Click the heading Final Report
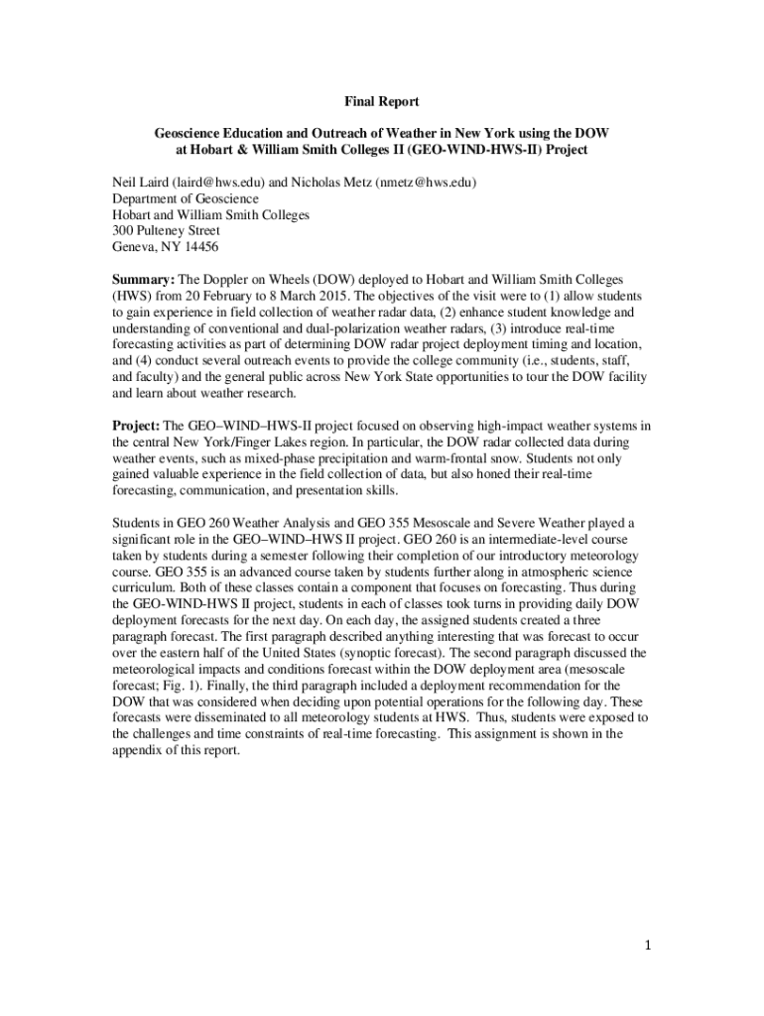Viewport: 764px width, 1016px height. pyautogui.click(x=382, y=101)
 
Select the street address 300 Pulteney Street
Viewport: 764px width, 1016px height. pyautogui.click(x=166, y=230)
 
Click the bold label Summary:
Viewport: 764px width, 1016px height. pyautogui.click(x=143, y=280)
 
